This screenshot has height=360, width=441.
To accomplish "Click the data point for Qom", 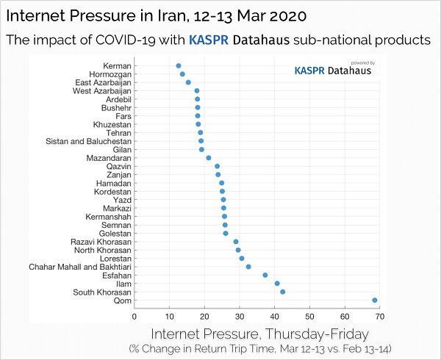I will [375, 300].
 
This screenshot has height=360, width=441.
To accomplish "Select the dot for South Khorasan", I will [283, 292].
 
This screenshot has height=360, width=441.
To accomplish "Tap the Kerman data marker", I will [178, 66].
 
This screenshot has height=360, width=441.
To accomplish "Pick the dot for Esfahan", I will [265, 275].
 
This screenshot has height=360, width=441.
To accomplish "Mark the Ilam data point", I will [277, 284].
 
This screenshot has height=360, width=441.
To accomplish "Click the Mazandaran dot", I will [209, 158].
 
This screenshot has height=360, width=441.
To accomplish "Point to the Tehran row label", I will [118, 133].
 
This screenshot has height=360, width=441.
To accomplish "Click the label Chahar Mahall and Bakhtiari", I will [80, 267].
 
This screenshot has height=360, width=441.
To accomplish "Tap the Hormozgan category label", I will [110, 74].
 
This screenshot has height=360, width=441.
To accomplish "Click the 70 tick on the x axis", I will [379, 316].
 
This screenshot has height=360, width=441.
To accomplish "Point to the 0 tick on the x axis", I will [134, 316].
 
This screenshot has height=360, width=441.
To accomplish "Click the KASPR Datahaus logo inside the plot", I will [332, 71].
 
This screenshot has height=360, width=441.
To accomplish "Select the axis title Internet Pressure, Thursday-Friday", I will [259, 333].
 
